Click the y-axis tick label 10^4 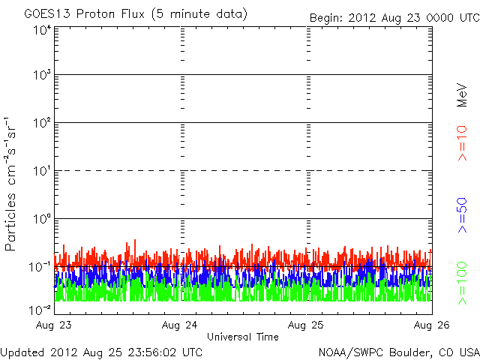click(41, 30)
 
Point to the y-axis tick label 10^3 click(41, 76)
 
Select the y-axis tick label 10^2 click(41, 124)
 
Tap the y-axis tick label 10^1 click(41, 172)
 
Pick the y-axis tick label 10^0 click(41, 220)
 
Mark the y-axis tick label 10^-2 click(40, 310)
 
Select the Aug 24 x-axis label click(180, 325)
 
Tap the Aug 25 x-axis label click(307, 325)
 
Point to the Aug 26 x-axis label click(431, 325)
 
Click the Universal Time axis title click(242, 337)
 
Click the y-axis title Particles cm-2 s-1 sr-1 click(12, 184)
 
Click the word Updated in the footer click(22, 351)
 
